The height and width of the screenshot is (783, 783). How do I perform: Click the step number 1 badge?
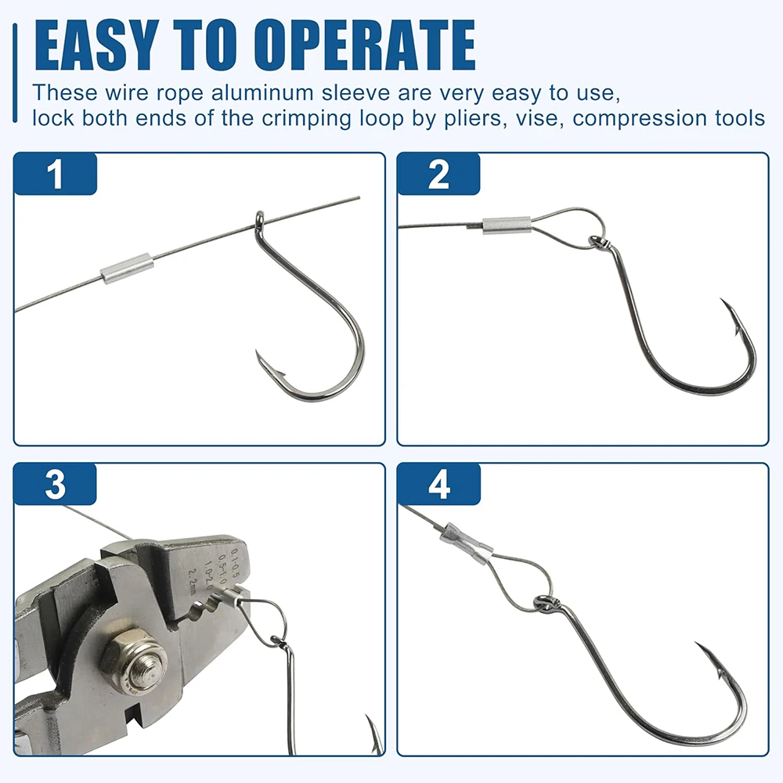click(x=55, y=174)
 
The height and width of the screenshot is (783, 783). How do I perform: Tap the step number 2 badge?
click(x=438, y=174)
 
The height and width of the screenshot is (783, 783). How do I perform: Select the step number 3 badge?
click(x=55, y=485)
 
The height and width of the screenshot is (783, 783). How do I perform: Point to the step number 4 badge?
click(x=438, y=485)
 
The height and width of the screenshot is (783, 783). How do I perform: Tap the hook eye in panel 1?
click(x=261, y=221)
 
